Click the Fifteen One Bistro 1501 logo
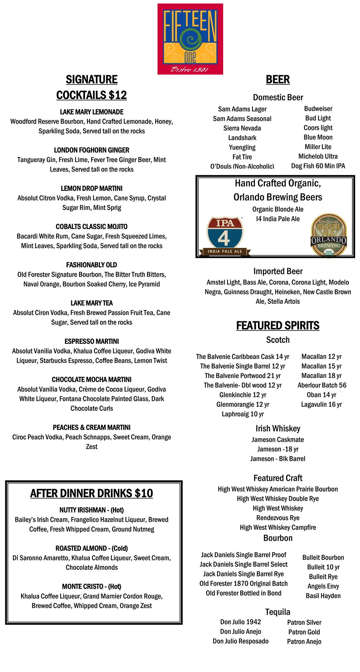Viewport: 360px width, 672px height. click(x=190, y=39)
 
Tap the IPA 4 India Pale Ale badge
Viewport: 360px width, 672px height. click(x=225, y=236)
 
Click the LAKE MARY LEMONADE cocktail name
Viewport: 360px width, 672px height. click(x=92, y=112)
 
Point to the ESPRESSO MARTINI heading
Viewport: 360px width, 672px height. click(x=92, y=341)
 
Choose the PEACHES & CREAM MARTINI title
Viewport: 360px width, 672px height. click(x=92, y=427)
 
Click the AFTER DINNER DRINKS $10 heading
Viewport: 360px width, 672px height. click(x=92, y=493)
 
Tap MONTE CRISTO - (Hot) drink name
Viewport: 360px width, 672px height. click(x=92, y=586)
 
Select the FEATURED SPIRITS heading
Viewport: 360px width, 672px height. click(x=278, y=325)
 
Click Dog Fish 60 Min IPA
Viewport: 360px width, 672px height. click(x=318, y=166)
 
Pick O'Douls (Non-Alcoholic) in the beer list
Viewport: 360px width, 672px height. click(x=242, y=166)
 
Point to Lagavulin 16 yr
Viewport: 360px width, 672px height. click(x=321, y=404)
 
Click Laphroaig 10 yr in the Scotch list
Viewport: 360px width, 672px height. click(x=243, y=414)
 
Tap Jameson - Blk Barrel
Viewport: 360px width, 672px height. click(x=278, y=459)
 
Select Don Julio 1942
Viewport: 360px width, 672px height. click(x=241, y=622)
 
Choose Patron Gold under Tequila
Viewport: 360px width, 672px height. click(x=304, y=632)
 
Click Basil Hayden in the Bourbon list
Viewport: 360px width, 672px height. click(x=323, y=596)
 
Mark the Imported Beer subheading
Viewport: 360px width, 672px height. click(x=278, y=271)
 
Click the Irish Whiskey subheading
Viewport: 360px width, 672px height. click(x=278, y=429)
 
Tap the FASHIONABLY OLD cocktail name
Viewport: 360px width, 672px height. click(x=92, y=265)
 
